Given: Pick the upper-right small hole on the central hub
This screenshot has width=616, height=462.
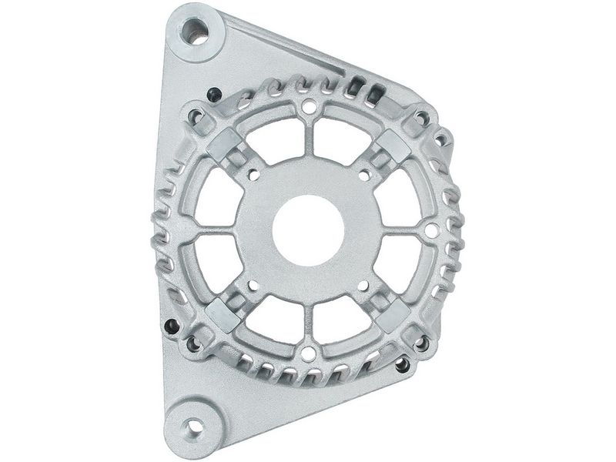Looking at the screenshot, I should [363, 175].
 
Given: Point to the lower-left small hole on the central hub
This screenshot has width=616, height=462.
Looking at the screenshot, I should [253, 286].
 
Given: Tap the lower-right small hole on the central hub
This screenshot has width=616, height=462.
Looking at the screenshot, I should [363, 286].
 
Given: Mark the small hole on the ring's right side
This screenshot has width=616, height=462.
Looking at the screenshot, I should [432, 229].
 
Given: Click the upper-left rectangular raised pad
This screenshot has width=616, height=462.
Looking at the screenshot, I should [225, 143].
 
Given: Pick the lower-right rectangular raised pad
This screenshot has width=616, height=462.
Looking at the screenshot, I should [393, 313].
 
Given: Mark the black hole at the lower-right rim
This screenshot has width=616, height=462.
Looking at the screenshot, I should [402, 365].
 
